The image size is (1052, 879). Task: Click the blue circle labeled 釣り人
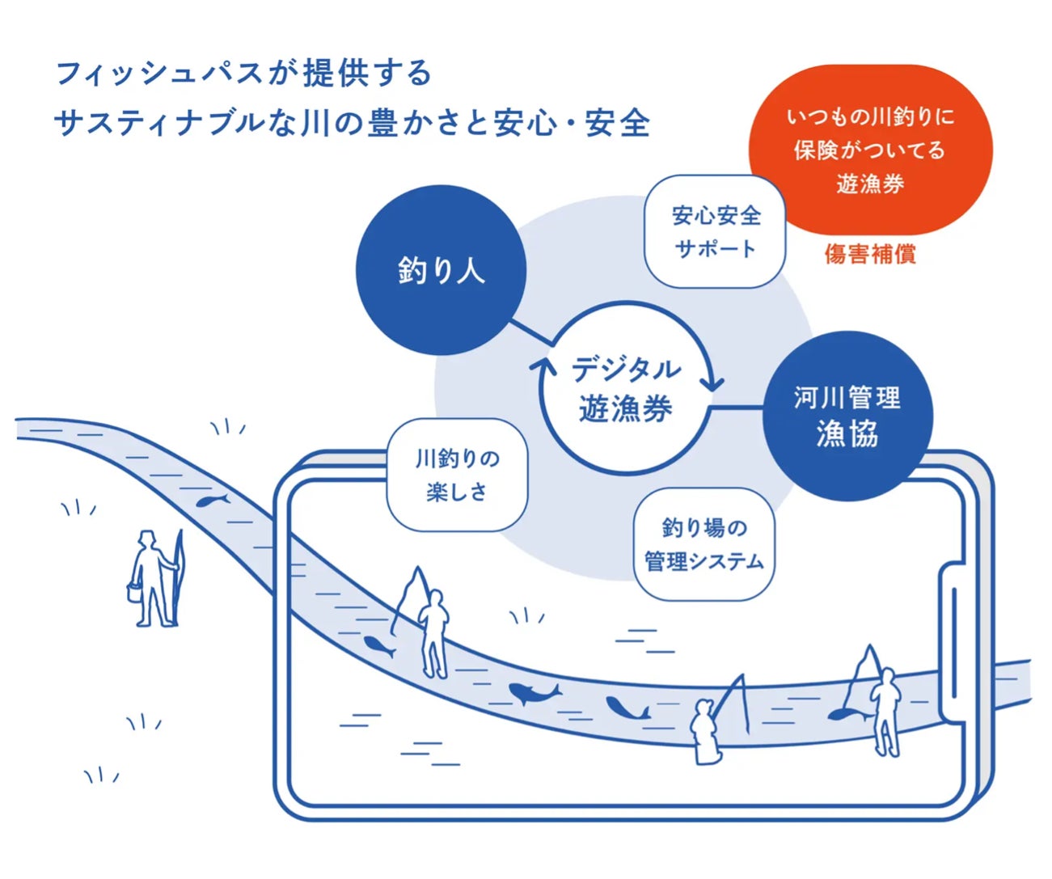(441, 269)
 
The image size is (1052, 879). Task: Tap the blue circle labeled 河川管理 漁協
(847, 416)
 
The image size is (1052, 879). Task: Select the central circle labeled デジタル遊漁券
(625, 389)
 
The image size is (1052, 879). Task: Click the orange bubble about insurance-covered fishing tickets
(870, 150)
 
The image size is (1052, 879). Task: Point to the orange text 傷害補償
(870, 255)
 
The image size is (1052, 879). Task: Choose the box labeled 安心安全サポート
(715, 232)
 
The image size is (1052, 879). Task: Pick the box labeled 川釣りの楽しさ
(457, 475)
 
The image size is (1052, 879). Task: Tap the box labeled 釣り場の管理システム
(703, 544)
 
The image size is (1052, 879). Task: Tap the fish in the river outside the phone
(211, 501)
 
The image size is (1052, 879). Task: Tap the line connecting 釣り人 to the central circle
(530, 332)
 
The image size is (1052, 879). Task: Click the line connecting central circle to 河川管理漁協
(736, 407)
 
